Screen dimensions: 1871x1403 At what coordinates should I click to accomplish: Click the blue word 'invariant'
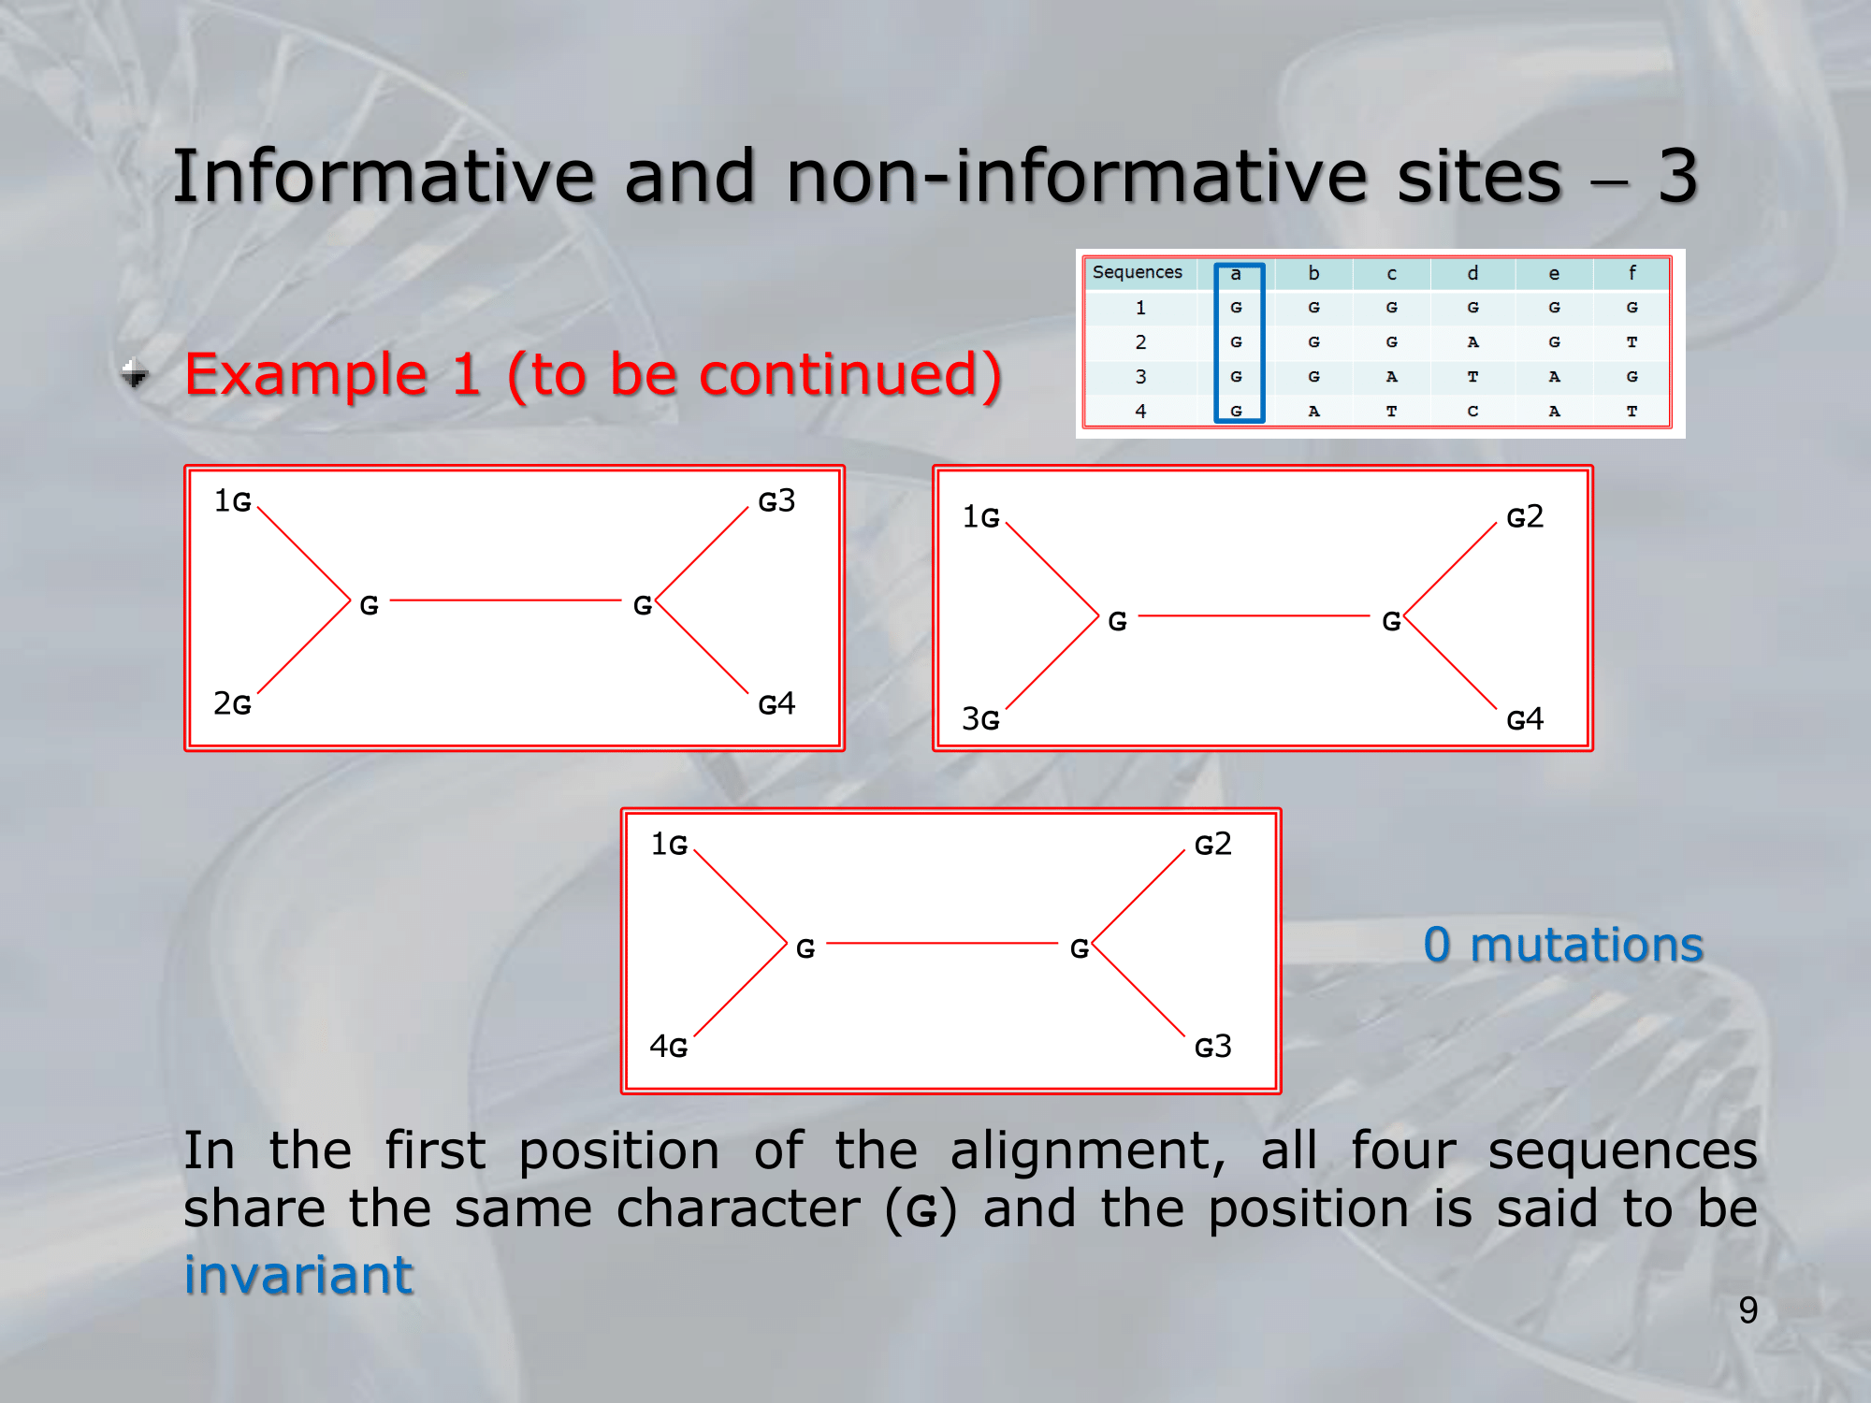pyautogui.click(x=298, y=1274)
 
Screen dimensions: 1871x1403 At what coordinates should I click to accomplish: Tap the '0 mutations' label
pyautogui.click(x=1563, y=944)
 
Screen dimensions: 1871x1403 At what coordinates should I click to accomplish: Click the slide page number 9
pyautogui.click(x=1748, y=1309)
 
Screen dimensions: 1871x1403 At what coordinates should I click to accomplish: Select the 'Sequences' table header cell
pyautogui.click(x=1138, y=272)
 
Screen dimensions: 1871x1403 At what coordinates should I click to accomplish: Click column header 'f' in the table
pyautogui.click(x=1632, y=273)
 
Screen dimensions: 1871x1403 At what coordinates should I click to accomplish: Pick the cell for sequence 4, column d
pyautogui.click(x=1472, y=412)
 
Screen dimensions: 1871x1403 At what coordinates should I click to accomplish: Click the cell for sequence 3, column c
pyautogui.click(x=1391, y=377)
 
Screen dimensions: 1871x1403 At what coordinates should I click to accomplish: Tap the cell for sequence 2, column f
pyautogui.click(x=1632, y=342)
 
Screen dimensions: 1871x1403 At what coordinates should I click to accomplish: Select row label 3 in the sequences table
pyautogui.click(x=1140, y=377)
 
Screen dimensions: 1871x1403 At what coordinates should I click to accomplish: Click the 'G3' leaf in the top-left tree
pyautogui.click(x=776, y=501)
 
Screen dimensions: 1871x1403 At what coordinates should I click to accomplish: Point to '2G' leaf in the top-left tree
pyautogui.click(x=232, y=703)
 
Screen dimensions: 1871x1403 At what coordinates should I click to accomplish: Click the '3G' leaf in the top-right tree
pyautogui.click(x=980, y=719)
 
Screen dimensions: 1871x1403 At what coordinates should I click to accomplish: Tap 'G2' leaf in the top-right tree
pyautogui.click(x=1525, y=517)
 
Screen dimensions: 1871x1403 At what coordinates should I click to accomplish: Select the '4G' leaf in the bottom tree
pyautogui.click(x=669, y=1047)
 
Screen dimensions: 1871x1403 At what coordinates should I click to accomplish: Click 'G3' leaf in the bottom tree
pyautogui.click(x=1213, y=1047)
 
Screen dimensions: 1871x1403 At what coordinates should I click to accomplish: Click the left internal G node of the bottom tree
pyautogui.click(x=805, y=949)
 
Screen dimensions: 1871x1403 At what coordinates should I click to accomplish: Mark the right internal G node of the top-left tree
pyautogui.click(x=643, y=606)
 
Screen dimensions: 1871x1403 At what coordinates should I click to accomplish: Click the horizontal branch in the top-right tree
pyautogui.click(x=1254, y=616)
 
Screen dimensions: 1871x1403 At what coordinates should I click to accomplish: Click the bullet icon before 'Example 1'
pyautogui.click(x=136, y=373)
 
